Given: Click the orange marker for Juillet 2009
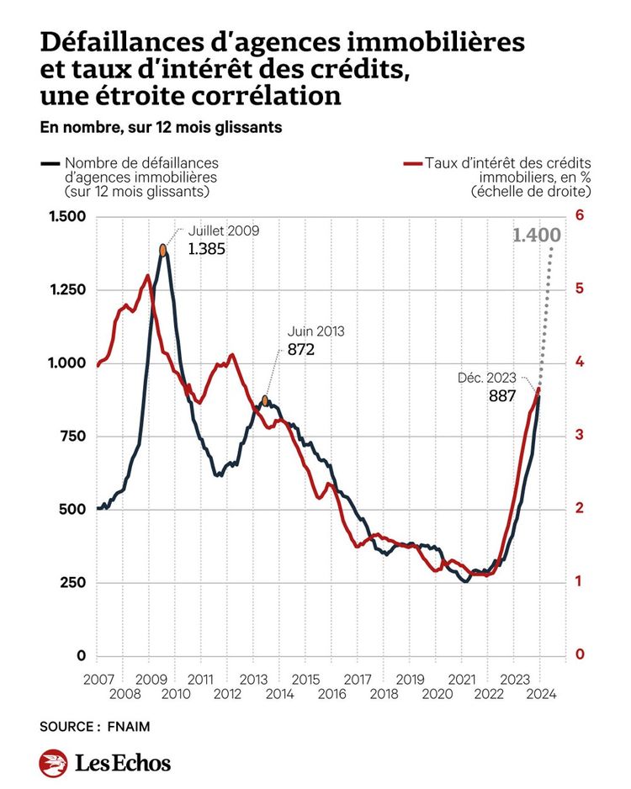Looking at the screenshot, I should pos(163,250).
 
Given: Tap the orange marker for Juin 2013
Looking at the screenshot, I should pos(266,401).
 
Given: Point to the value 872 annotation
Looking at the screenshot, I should pos(300,349).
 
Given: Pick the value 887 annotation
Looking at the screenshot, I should pos(502,396).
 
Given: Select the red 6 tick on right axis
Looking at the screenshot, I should pos(579,216).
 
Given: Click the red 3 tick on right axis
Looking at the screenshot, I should pos(579,436).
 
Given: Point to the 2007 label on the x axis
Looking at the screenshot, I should pos(98,678).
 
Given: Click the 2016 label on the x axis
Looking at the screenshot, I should pos(332,694).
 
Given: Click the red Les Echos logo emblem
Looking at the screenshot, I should pos(53,763).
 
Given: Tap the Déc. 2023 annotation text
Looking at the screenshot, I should pos(487,378).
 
